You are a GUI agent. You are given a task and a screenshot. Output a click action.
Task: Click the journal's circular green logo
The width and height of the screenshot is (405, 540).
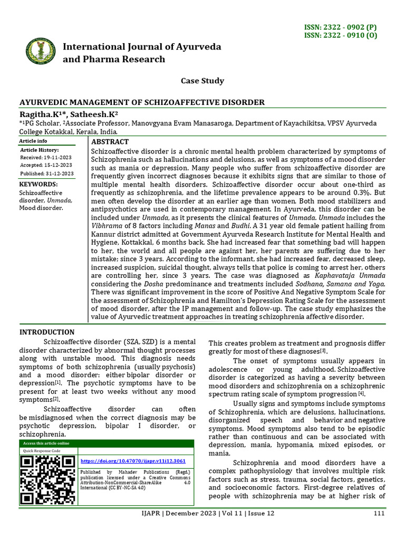tap(41, 52)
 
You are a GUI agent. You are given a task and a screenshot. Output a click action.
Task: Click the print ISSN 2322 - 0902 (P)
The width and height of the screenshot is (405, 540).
tap(347, 27)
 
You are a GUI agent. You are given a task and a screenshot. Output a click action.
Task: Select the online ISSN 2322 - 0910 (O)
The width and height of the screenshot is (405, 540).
tap(347, 36)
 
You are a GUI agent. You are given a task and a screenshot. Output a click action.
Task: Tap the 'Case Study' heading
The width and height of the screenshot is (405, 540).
tap(202, 81)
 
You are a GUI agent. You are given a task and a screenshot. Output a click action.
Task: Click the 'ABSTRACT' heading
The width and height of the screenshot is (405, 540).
tap(110, 142)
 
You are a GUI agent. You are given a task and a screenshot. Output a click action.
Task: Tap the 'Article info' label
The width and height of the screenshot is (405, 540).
tap(33, 141)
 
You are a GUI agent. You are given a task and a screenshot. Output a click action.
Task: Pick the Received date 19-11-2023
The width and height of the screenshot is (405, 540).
tap(47, 158)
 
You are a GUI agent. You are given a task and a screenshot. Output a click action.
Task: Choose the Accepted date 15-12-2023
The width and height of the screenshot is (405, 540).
tap(47, 166)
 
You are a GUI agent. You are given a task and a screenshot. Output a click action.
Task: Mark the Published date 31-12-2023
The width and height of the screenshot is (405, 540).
tap(47, 173)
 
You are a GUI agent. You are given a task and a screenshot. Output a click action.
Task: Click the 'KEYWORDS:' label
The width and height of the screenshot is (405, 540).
tap(38, 184)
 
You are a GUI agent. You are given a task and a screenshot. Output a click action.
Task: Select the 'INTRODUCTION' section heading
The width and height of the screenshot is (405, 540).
tap(47, 332)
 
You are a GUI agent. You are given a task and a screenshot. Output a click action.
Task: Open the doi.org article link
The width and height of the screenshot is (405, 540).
tap(133, 461)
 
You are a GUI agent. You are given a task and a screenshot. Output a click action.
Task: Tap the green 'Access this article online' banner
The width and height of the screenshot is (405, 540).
tap(106, 443)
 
